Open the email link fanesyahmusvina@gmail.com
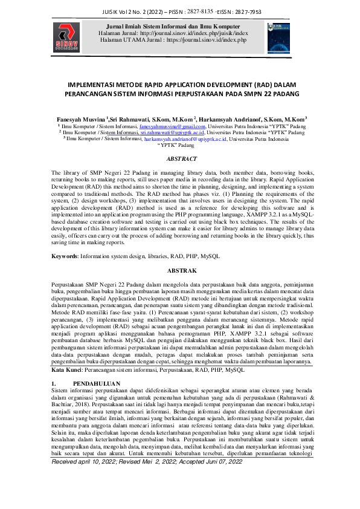(x=172, y=127)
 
